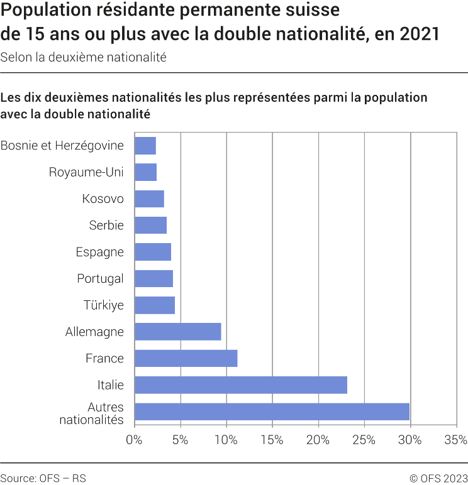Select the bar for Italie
point(241,385)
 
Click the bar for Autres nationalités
point(272,411)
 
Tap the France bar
point(186,358)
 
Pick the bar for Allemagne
point(178,332)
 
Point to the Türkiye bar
point(155,305)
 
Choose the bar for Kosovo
point(150,199)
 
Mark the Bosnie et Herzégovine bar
point(145,146)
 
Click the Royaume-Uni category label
point(86,172)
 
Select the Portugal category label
point(100,278)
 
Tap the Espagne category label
point(99,252)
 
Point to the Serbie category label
point(106,226)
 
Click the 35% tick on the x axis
point(455,440)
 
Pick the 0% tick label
point(135,440)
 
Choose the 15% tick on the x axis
point(272,440)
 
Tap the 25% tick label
point(364,440)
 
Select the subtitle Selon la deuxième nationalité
point(83,57)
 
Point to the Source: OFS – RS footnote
point(43,478)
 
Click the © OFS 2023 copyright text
point(438,478)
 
